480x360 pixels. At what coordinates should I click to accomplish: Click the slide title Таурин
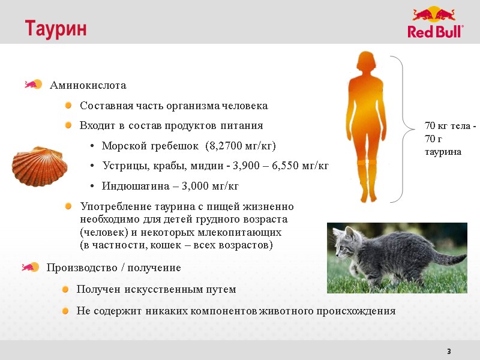coord(55,28)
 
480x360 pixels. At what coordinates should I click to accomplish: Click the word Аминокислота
coord(88,85)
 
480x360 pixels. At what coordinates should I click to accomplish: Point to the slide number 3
coord(448,351)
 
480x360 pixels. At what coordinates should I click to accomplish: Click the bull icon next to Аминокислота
coord(32,85)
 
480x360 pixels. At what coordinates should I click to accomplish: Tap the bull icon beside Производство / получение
coord(30,267)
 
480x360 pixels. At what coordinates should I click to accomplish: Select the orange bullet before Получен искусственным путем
coord(67,289)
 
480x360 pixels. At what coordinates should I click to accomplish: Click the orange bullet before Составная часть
coord(69,106)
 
